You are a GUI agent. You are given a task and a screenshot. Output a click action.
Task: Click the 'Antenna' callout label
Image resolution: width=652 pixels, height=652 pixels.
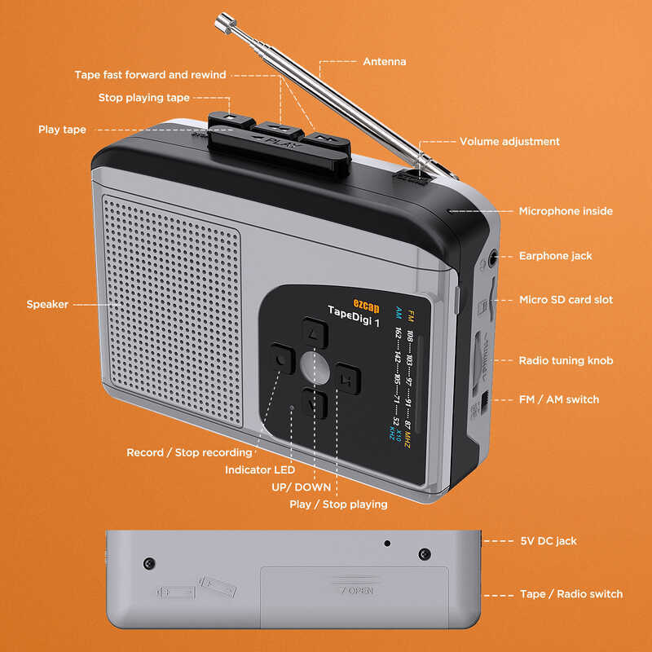pyautogui.click(x=384, y=61)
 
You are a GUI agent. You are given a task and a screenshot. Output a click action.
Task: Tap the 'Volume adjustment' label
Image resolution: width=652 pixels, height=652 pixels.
pyautogui.click(x=509, y=141)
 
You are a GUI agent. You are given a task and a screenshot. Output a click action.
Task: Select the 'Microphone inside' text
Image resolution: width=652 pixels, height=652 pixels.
pyautogui.click(x=566, y=211)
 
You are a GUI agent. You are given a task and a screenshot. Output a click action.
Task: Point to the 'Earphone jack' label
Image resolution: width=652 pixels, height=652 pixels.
pyautogui.click(x=556, y=256)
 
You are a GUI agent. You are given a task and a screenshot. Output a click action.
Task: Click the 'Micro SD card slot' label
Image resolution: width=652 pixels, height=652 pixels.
pyautogui.click(x=566, y=300)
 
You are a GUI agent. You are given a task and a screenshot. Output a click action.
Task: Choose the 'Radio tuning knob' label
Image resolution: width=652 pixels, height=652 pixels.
pyautogui.click(x=566, y=360)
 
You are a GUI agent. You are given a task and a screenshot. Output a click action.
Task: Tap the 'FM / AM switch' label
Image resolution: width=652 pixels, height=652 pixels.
pyautogui.click(x=559, y=399)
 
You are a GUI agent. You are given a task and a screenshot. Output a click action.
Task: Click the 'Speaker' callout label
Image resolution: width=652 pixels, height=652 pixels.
pyautogui.click(x=47, y=304)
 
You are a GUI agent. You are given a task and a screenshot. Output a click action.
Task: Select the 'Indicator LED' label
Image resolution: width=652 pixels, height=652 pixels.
pyautogui.click(x=260, y=469)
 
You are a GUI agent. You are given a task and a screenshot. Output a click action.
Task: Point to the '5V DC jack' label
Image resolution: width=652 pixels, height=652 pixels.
pyautogui.click(x=548, y=540)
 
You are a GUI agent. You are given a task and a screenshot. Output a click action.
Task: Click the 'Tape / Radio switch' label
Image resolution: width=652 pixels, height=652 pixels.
pyautogui.click(x=570, y=594)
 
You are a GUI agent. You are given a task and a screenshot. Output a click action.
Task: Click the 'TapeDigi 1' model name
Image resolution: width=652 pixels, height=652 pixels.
pyautogui.click(x=354, y=312)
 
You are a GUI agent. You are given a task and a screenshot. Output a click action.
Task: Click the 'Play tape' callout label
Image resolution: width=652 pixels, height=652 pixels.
pyautogui.click(x=62, y=130)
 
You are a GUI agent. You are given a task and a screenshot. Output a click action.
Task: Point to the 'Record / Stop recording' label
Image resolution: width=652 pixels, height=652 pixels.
pyautogui.click(x=189, y=452)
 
